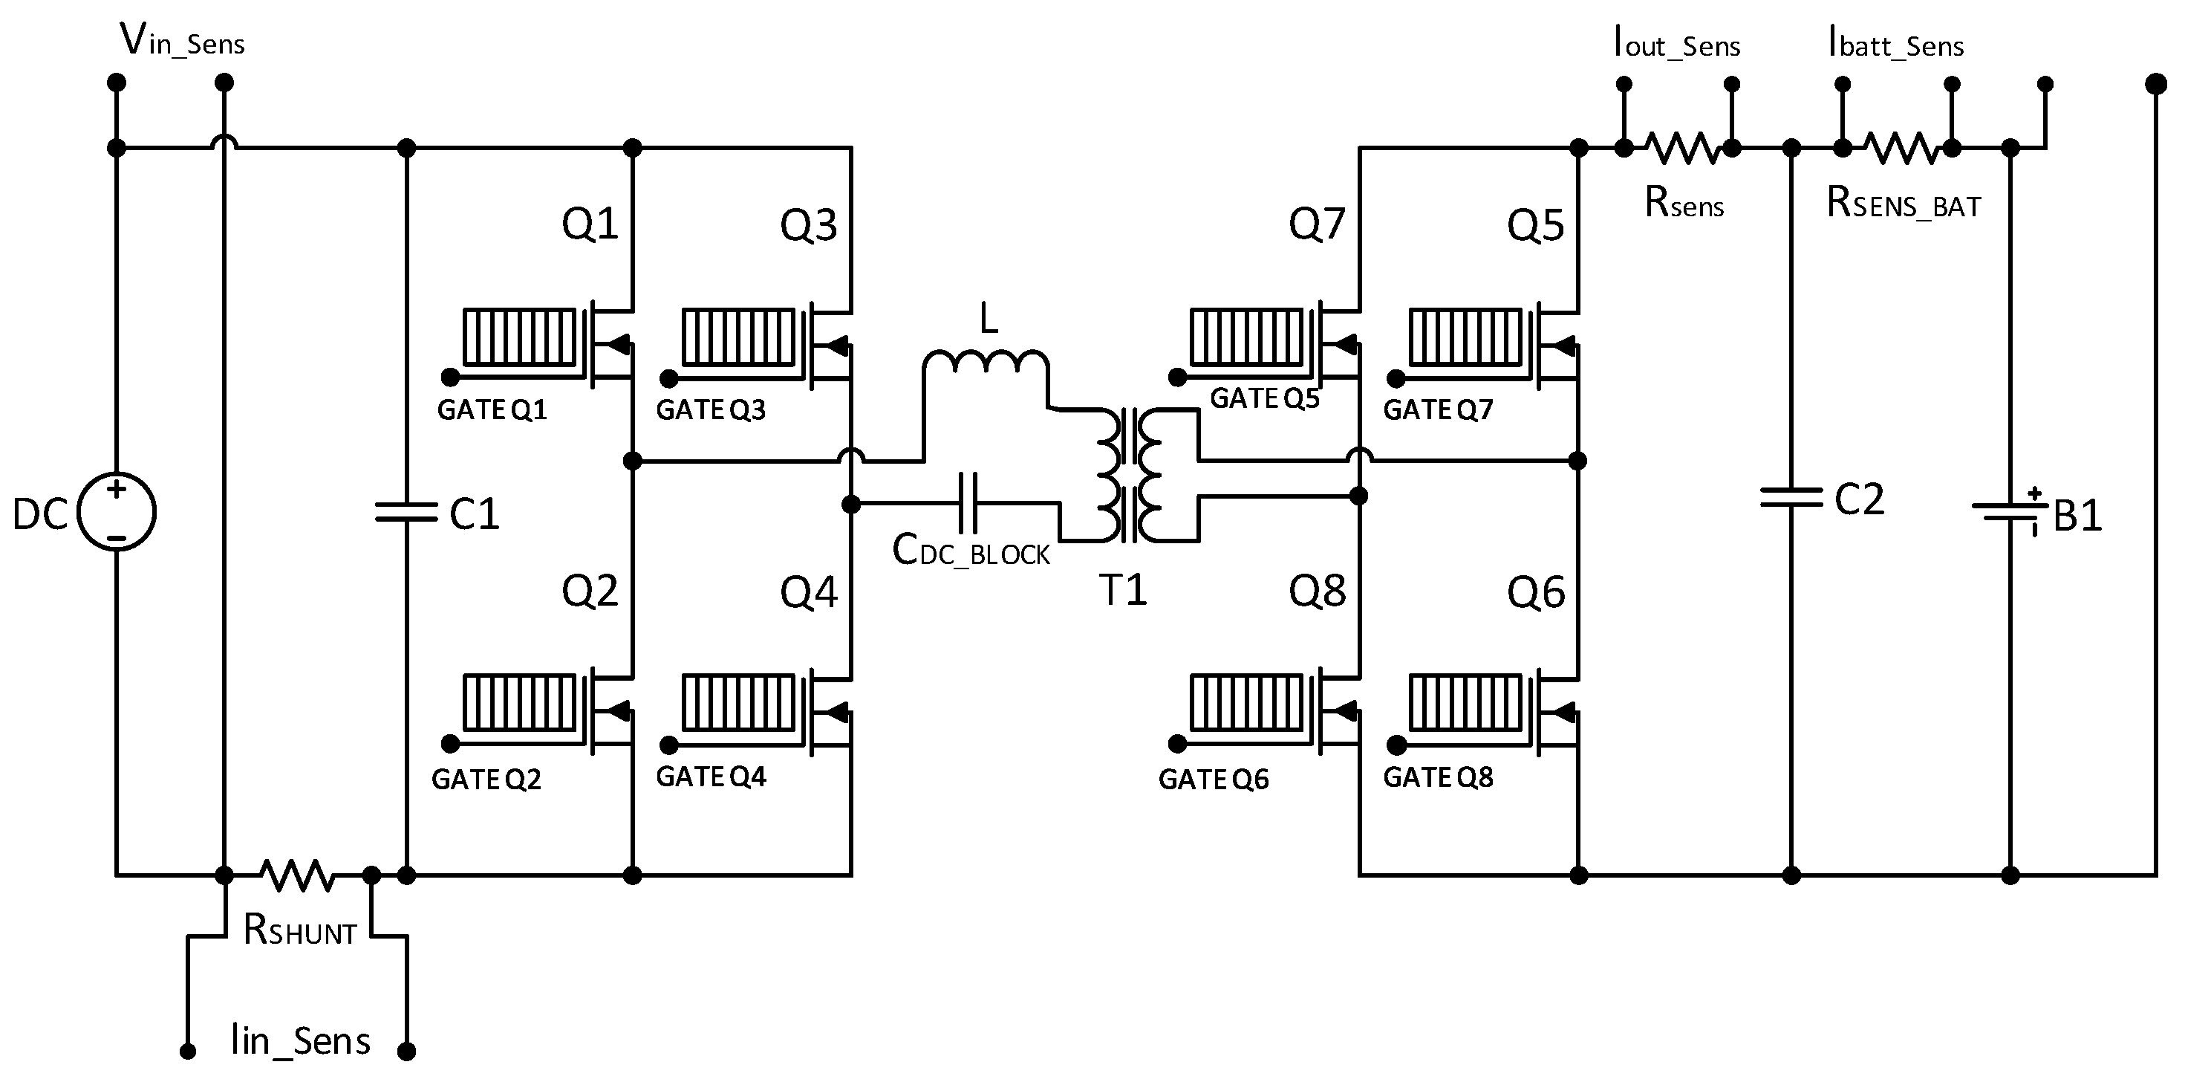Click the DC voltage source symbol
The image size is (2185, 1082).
(116, 512)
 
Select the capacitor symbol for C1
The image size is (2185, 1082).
(406, 512)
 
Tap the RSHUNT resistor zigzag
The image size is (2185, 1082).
(296, 875)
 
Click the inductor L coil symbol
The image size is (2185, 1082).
(986, 363)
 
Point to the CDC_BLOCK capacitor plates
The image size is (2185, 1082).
(968, 503)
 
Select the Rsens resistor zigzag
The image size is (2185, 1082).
(1684, 149)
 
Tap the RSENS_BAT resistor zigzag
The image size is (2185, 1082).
(1903, 149)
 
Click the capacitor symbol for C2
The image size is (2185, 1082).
(1791, 498)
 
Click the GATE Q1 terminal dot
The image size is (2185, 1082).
(450, 377)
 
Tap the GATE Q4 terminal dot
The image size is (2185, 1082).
(669, 745)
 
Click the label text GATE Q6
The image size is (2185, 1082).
(1213, 779)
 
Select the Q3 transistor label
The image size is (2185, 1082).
(808, 226)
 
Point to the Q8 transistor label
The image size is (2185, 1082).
(1317, 591)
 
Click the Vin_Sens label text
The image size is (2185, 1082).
(183, 41)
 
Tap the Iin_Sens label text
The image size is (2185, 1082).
(300, 1040)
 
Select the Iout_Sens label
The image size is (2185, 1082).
(1677, 42)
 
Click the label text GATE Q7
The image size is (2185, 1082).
(1438, 410)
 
